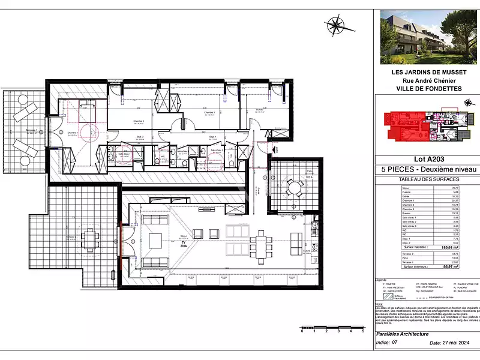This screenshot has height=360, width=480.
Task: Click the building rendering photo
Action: pos(427,37)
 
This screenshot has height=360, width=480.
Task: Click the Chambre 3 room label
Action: pos(209,112)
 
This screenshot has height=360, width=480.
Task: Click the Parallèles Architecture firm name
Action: pos(401,334)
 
